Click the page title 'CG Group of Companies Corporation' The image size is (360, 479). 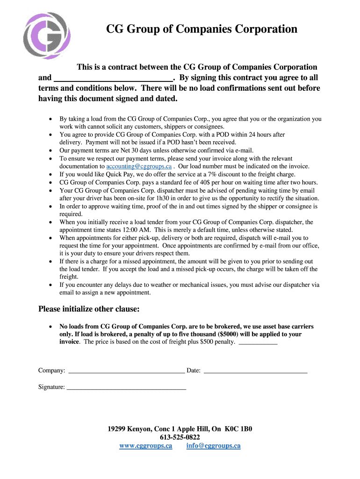(x=202, y=29)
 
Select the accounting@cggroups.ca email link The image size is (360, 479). (x=139, y=166)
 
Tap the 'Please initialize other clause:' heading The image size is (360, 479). (x=89, y=309)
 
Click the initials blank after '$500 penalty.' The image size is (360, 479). (x=258, y=342)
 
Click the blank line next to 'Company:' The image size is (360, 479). (x=126, y=371)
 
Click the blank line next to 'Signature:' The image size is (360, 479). (x=126, y=387)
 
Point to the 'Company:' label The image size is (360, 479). (x=51, y=371)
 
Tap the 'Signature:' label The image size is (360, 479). (x=51, y=387)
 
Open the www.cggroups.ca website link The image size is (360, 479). (x=146, y=446)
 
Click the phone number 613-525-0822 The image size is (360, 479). (x=180, y=437)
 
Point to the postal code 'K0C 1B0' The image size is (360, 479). (x=238, y=429)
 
